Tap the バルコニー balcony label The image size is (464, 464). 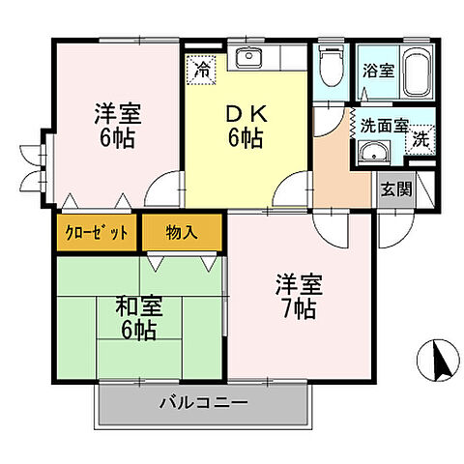coord(204,402)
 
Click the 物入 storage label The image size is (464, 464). coord(182,233)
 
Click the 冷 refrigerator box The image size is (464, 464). coord(202,70)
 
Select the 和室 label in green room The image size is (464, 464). coord(139,308)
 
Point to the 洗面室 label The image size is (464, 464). coord(384,126)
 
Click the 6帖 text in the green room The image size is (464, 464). coord(140,332)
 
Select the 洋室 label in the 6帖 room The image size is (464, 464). coord(118,112)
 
